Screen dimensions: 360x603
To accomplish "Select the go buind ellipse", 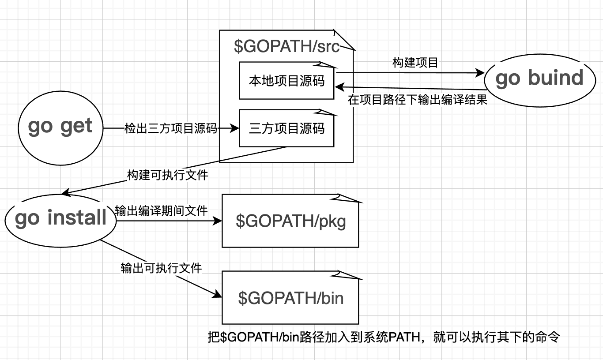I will [539, 79].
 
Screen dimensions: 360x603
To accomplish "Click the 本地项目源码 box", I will [286, 81].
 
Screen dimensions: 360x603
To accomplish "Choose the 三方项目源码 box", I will [286, 128].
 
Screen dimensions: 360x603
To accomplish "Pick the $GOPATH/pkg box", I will [290, 221].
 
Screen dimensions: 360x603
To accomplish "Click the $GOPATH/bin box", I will [290, 298].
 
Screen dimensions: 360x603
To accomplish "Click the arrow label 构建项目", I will [415, 63].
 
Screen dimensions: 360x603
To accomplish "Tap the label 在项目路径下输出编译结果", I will [417, 100].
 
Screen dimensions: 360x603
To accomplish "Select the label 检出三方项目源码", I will [171, 128].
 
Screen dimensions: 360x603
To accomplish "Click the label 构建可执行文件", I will [167, 175].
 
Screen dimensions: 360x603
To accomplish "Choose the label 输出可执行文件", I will [161, 268].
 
